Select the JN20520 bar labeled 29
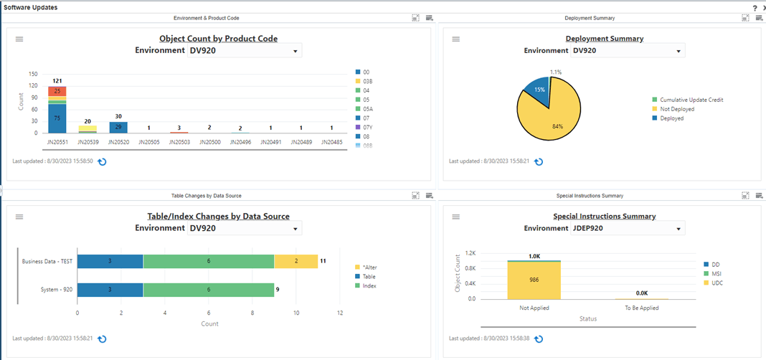click(118, 127)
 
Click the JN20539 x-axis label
click(88, 142)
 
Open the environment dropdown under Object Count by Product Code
click(245, 51)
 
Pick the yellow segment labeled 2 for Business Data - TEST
click(296, 261)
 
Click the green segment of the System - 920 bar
click(208, 290)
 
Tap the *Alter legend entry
click(370, 267)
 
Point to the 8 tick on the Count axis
click(252, 313)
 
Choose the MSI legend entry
click(714, 273)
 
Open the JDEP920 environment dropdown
click(628, 228)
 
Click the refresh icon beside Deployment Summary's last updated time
click(539, 161)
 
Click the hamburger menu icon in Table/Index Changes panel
click(20, 217)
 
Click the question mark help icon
click(755, 7)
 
